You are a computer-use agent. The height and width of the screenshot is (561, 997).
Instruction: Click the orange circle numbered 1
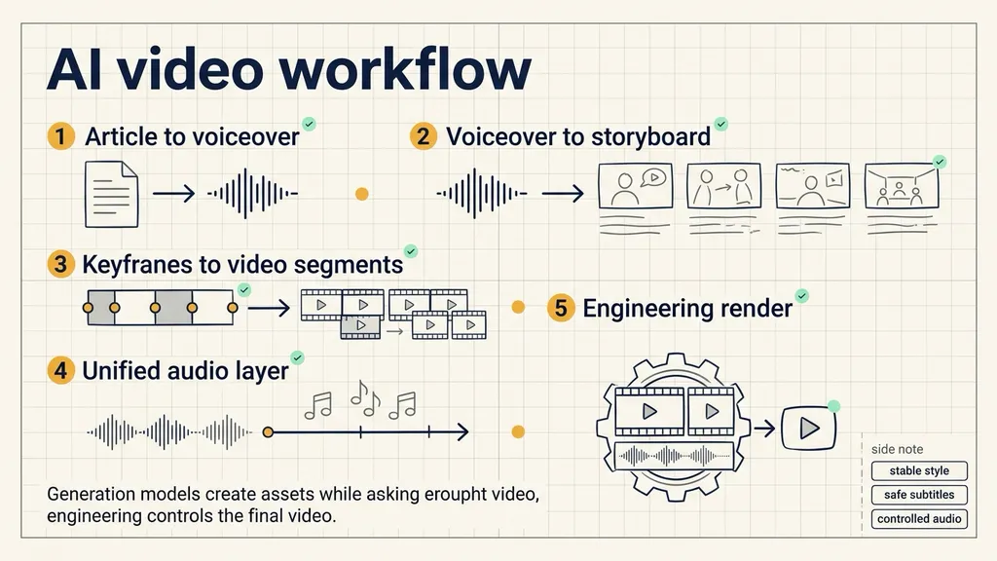coord(61,136)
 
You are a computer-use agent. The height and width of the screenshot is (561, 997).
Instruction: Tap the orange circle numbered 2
coord(423,136)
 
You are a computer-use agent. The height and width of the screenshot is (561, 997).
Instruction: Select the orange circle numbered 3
coord(61,264)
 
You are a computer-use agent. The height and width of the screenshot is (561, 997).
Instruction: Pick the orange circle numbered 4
coord(61,370)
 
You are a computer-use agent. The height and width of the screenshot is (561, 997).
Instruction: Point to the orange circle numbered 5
coord(561,308)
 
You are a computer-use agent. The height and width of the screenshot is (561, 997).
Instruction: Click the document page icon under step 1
coord(112,194)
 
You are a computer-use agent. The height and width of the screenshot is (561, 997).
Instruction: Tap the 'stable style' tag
coord(919,470)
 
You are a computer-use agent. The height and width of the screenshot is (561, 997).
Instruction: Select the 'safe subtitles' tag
coord(919,495)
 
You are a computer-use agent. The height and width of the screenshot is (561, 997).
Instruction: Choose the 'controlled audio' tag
coord(919,519)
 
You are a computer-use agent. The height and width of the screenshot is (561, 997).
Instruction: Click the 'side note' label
coord(897,449)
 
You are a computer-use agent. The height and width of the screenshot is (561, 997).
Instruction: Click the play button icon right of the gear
coord(808,428)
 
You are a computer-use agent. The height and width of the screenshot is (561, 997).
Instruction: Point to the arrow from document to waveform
coord(173,194)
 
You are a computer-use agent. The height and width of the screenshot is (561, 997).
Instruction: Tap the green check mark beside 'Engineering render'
coord(802,296)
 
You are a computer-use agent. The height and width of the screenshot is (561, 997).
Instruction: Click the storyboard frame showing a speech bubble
coord(635,186)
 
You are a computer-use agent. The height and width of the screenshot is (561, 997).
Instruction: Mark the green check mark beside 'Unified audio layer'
coord(297,358)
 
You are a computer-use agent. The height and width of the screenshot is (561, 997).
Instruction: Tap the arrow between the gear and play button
coord(763,429)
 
